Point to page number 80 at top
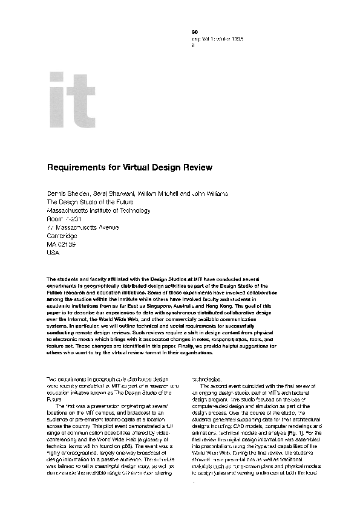pyautogui.click(x=194, y=30)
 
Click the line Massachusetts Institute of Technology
pyautogui.click(x=99, y=210)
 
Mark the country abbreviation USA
pyautogui.click(x=54, y=253)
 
